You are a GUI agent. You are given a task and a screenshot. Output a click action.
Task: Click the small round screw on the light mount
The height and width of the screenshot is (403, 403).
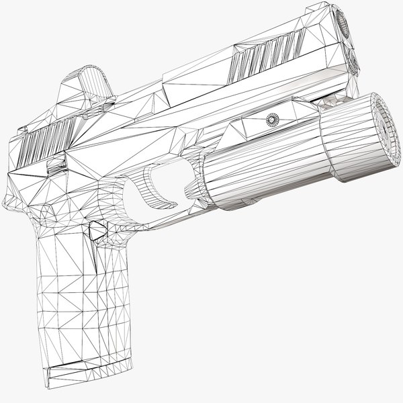click(x=272, y=120)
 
